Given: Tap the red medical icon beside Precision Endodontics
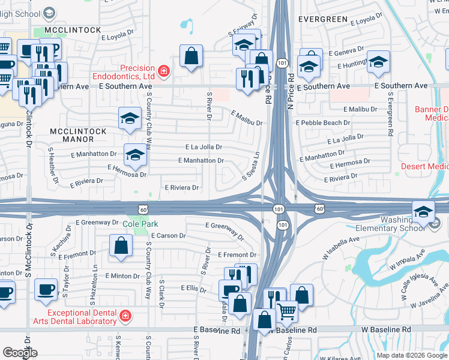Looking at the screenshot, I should (x=163, y=72).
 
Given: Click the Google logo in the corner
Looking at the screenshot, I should (x=20, y=352).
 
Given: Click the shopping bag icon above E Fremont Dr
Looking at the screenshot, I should (x=121, y=245).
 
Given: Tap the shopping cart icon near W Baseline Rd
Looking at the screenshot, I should (x=287, y=311).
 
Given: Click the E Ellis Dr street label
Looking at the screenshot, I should (x=193, y=289).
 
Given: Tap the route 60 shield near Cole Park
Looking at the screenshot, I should (x=142, y=209).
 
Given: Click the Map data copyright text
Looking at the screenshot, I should (x=412, y=355).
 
